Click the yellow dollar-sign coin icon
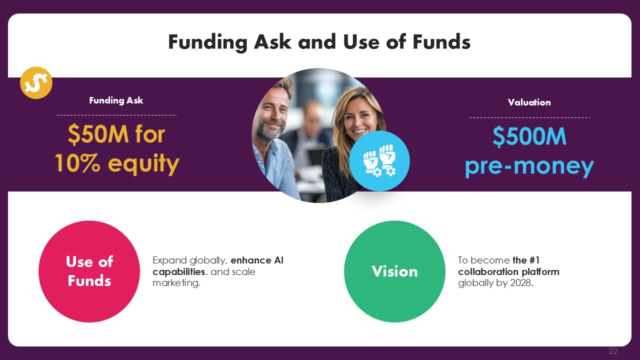point(36,83)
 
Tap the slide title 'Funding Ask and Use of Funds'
point(319,42)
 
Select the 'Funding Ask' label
point(116,100)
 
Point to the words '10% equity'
point(117,163)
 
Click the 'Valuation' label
point(529,102)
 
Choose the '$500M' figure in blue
point(529,136)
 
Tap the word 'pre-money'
point(529,166)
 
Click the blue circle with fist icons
point(379,161)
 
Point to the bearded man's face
point(273,111)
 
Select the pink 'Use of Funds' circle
point(89,271)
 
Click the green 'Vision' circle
point(394,271)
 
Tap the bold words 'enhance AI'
point(257,260)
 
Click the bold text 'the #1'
point(526,260)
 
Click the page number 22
point(613,351)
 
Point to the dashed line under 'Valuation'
point(529,117)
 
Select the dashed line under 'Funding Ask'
point(116,115)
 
